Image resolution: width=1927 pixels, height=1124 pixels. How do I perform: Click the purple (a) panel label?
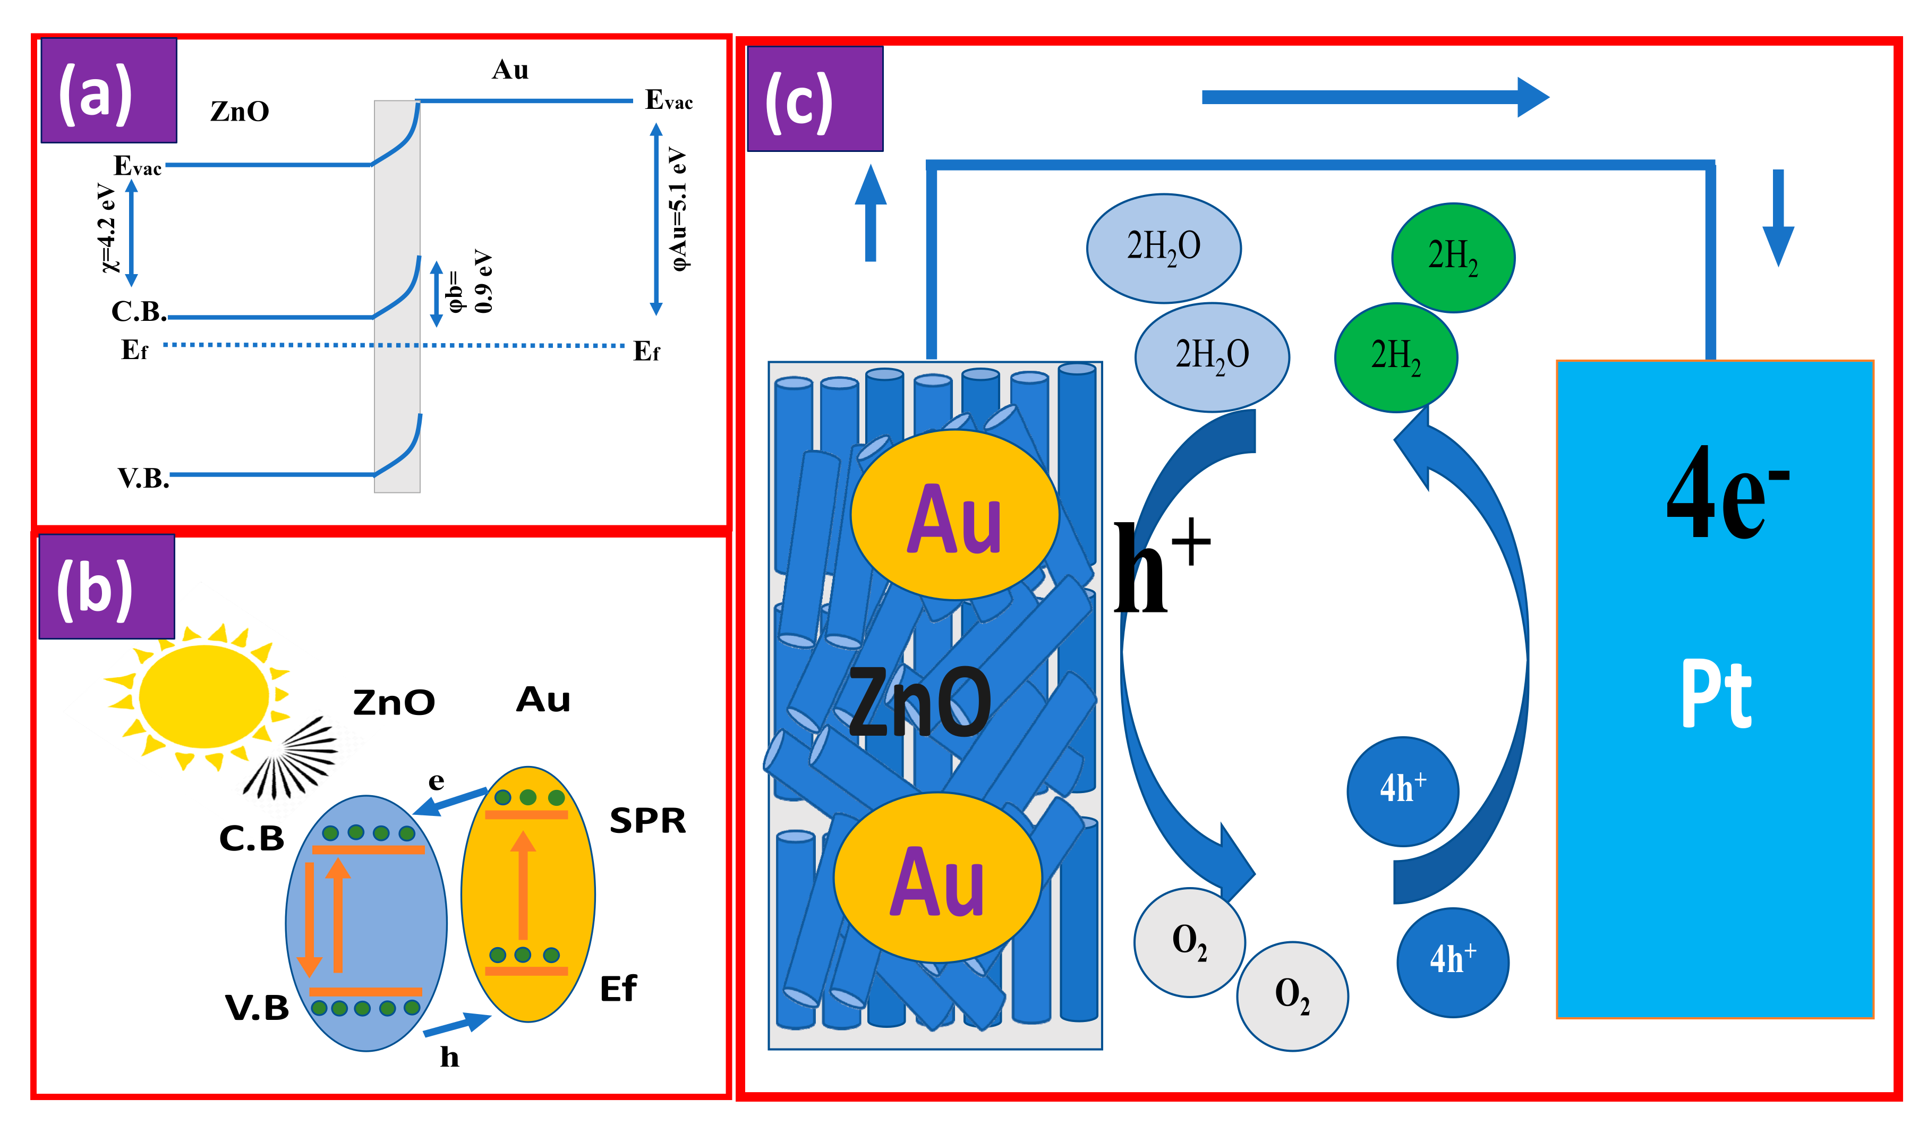[108, 90]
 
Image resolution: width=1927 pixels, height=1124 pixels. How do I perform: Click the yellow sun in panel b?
[203, 696]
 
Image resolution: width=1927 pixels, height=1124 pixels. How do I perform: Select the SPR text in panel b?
[647, 821]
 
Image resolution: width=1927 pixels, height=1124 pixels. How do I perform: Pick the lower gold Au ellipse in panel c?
[937, 878]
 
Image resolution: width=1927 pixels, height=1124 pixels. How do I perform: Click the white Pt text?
[1715, 694]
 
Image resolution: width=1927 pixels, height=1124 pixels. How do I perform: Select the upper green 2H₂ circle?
[1452, 257]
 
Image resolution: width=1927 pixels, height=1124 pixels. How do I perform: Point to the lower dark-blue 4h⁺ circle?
[1452, 962]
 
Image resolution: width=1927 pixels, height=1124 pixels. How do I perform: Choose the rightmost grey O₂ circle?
[1292, 995]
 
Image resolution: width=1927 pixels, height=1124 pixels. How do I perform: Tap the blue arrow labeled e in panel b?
[451, 801]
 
